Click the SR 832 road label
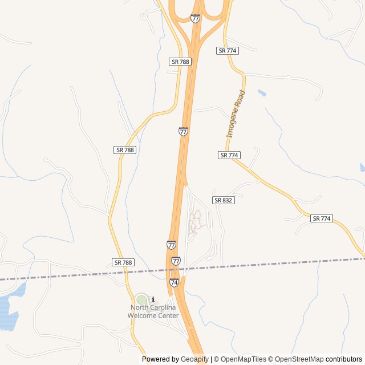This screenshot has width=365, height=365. [x=224, y=200]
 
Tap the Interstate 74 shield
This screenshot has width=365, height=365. [x=175, y=282]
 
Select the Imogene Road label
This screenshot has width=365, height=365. [x=236, y=114]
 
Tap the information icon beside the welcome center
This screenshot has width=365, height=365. [x=153, y=299]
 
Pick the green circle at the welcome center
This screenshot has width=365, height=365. [x=141, y=300]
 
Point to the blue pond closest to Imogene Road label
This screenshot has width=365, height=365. [x=262, y=92]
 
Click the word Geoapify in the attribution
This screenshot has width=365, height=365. [x=194, y=359]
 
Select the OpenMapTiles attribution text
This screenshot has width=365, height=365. [x=240, y=359]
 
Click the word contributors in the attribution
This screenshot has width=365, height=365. [x=344, y=359]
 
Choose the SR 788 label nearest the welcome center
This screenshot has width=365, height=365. [x=123, y=262]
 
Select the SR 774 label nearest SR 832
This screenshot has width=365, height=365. [x=229, y=155]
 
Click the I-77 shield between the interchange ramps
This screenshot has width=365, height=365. [x=196, y=18]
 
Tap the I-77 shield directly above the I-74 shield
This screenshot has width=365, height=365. [x=176, y=261]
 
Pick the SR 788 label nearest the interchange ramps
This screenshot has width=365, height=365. [x=180, y=61]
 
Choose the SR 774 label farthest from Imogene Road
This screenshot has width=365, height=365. [x=322, y=218]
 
